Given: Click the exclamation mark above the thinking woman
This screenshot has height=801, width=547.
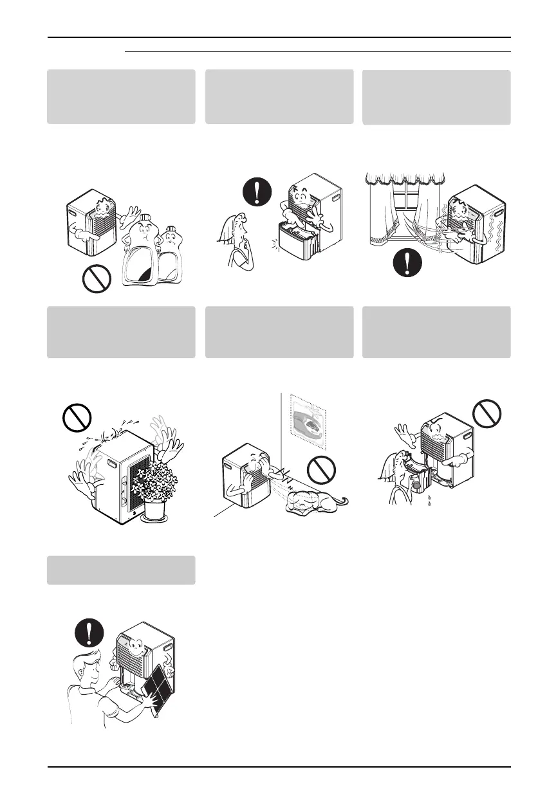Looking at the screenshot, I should [258, 191].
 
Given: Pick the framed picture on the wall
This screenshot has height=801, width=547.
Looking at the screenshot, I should [308, 422].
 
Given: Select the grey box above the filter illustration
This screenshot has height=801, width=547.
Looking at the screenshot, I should [121, 570].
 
